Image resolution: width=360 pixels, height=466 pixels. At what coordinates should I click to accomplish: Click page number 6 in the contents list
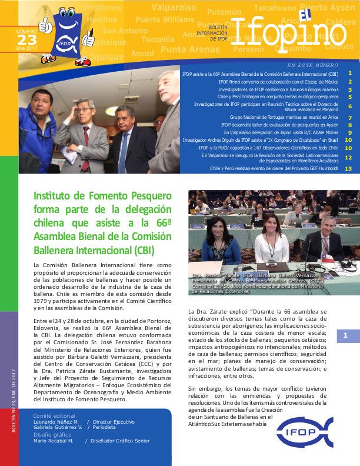click(349, 106)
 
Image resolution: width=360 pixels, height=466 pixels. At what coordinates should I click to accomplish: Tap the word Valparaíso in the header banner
click(174, 8)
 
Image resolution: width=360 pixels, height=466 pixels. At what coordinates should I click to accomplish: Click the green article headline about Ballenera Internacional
click(103, 221)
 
